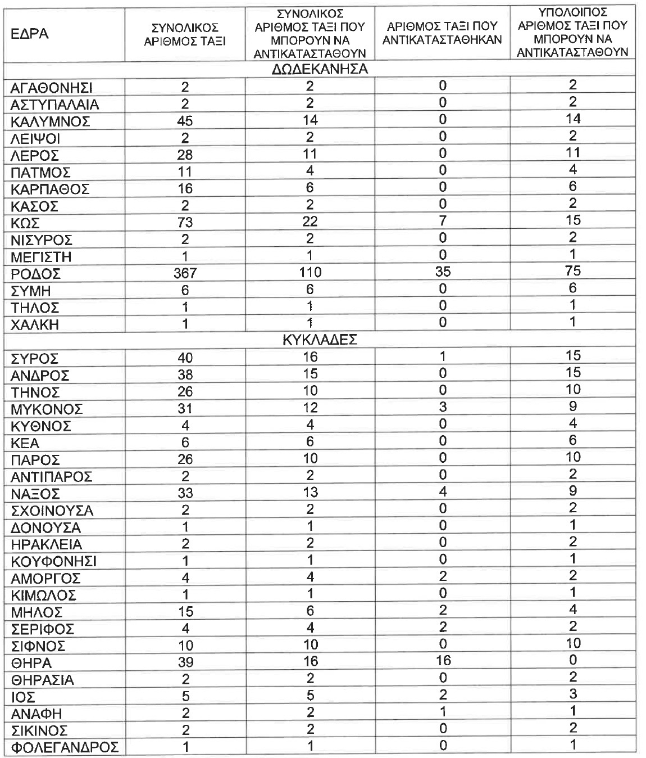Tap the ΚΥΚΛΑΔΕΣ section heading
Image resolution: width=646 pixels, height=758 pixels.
(x=320, y=340)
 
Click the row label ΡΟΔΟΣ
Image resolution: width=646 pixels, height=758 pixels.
(x=35, y=274)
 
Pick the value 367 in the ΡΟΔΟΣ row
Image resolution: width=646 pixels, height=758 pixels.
(x=185, y=273)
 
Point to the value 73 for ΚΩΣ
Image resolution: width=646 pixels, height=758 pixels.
(x=185, y=223)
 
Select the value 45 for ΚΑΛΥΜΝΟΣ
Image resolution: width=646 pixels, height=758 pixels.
(x=185, y=121)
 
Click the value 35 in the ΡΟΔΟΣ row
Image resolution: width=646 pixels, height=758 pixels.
(x=443, y=272)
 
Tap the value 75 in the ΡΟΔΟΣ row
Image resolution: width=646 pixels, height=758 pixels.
(x=572, y=271)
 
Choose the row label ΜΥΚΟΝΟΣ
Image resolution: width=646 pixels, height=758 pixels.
(x=47, y=409)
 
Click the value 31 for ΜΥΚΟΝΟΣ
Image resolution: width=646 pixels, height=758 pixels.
(x=185, y=409)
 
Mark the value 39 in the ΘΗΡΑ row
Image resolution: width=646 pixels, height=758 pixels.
(x=185, y=662)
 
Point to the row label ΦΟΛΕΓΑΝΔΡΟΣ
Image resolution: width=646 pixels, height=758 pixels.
(x=65, y=748)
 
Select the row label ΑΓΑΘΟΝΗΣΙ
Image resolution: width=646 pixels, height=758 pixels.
(x=52, y=88)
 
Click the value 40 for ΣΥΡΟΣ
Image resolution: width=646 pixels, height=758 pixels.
(x=185, y=358)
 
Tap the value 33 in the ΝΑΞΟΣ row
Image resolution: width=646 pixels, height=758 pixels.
(x=185, y=494)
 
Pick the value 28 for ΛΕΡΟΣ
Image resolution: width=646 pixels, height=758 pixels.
(x=185, y=155)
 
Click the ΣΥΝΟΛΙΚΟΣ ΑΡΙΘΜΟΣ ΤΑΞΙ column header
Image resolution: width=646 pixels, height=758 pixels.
(x=185, y=34)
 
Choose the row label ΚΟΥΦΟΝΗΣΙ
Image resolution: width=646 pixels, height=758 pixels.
(x=53, y=562)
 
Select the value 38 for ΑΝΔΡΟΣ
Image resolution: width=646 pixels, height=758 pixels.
(x=185, y=375)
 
